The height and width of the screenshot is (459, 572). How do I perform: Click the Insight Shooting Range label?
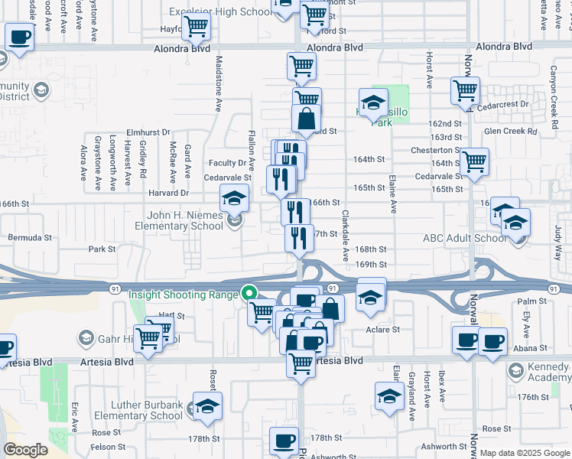click(184, 295)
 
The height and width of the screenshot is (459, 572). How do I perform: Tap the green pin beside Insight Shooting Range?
click(249, 292)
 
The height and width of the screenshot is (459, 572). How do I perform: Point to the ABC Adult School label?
click(464, 238)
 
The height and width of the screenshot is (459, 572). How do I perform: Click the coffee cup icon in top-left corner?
click(20, 36)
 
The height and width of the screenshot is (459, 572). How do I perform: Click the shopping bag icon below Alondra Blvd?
click(306, 119)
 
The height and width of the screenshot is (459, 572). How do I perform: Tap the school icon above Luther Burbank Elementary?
click(206, 408)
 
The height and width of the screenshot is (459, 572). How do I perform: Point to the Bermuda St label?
click(30, 237)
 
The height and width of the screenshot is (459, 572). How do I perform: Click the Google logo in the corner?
click(26, 450)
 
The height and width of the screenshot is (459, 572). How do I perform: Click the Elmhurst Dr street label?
click(148, 132)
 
